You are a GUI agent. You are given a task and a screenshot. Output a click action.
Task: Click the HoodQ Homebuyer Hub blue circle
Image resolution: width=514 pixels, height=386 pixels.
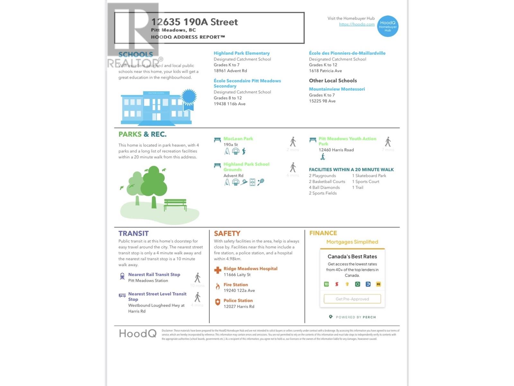click(387, 26)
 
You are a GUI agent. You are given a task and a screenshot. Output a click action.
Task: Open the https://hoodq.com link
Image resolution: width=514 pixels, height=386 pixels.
click(357, 24)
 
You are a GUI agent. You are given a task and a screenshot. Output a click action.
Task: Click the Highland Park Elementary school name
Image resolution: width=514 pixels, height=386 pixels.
click(242, 53)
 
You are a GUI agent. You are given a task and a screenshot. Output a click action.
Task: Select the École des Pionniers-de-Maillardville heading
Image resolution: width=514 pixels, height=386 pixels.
click(347, 53)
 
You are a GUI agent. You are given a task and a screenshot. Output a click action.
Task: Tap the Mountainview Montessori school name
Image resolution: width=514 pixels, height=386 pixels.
click(337, 89)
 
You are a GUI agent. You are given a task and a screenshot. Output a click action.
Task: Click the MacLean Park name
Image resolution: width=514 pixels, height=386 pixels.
click(238, 139)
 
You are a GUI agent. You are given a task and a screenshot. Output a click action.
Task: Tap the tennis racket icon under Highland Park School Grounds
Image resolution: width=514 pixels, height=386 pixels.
click(261, 182)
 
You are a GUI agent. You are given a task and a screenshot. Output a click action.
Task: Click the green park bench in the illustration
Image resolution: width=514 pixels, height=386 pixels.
click(175, 205)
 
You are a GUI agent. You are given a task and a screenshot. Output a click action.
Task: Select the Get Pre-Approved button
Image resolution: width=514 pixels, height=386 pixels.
click(352, 299)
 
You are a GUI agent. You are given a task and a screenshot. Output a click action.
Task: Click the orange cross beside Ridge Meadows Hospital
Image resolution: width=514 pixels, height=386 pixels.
click(218, 270)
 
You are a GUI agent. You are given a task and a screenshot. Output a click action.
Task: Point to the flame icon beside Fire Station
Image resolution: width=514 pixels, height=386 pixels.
click(218, 286)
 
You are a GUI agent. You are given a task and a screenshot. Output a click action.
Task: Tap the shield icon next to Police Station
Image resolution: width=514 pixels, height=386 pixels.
click(218, 302)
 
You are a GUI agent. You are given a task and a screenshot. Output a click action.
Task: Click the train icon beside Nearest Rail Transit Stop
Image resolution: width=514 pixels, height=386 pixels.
click(122, 276)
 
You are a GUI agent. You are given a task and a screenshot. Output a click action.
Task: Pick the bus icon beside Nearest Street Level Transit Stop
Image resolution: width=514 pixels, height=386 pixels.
click(122, 295)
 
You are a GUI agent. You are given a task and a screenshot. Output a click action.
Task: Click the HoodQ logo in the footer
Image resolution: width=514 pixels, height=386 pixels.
click(137, 334)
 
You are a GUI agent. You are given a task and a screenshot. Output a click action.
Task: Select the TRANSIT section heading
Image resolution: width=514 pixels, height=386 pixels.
click(133, 234)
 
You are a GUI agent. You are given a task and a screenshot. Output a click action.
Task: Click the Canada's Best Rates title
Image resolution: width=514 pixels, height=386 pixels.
click(352, 256)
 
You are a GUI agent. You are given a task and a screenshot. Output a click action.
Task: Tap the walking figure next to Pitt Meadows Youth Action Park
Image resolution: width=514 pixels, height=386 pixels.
click(388, 142)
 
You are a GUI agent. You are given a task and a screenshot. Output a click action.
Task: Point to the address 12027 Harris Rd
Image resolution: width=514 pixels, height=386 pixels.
click(239, 307)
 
